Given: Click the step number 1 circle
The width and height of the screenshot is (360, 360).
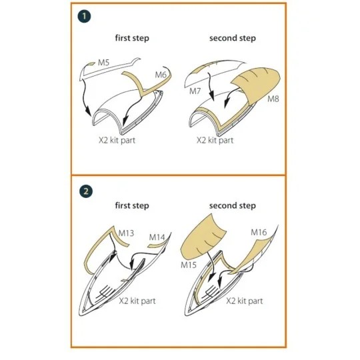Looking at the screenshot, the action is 84,16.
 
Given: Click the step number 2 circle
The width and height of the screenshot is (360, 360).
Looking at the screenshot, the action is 86,191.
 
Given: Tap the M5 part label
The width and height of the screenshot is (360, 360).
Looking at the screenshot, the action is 103,63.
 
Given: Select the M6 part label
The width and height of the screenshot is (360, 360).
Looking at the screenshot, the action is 161,75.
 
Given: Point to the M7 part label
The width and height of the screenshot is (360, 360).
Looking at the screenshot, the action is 195,91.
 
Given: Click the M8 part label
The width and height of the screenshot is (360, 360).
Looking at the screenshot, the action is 273,99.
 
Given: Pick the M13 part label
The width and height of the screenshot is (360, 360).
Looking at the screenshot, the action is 126,233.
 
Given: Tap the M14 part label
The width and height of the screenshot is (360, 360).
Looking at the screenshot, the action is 157,237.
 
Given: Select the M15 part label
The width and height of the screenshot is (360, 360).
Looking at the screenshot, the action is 189,265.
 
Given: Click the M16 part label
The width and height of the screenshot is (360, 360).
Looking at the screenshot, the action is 259,233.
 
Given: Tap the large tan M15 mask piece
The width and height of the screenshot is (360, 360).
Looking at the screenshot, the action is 202,239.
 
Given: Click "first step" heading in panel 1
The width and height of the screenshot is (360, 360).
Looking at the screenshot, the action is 132,38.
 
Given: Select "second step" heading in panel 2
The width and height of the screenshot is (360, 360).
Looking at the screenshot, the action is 233,206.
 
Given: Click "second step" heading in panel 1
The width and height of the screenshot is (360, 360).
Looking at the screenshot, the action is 233,38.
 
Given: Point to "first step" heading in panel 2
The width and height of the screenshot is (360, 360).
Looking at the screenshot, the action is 132,205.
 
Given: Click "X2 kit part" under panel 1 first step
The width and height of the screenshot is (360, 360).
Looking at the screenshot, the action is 117,140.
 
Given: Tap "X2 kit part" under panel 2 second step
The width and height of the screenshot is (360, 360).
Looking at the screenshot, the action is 245,301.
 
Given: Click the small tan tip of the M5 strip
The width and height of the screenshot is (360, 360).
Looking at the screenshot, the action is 91,63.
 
